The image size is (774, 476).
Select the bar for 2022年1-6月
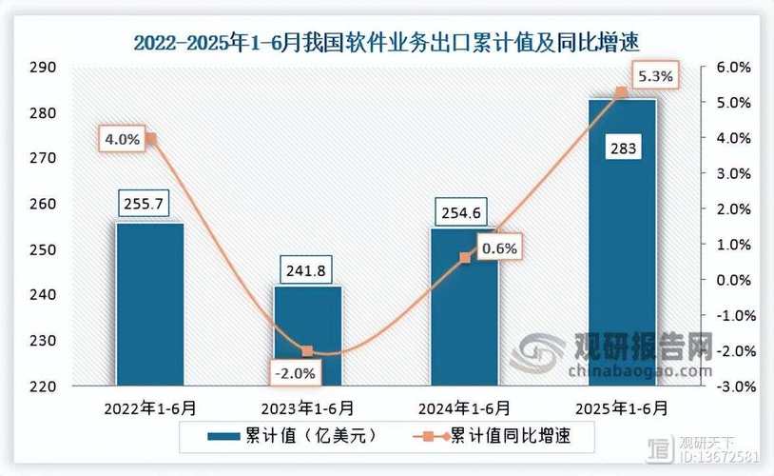point(150,305)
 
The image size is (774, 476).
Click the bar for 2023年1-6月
point(308,338)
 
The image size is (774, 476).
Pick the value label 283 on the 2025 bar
point(623,149)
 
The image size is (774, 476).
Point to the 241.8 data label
point(303,270)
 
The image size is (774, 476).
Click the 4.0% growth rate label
point(123,140)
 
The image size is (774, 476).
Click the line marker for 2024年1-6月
point(464,257)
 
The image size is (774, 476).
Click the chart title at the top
point(386,43)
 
